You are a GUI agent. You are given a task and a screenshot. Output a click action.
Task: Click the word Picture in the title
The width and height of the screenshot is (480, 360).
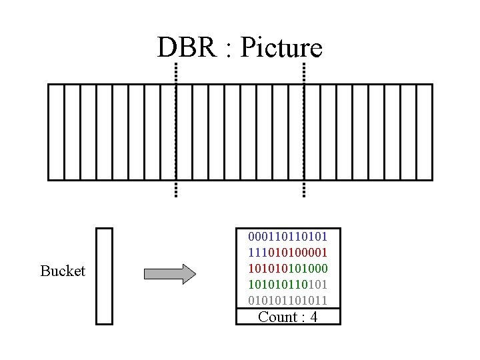click(x=281, y=47)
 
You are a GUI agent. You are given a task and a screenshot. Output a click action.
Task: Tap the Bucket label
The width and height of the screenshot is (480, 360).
click(x=63, y=271)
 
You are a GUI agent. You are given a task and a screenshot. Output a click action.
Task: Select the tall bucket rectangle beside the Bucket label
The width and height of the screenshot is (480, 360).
click(x=105, y=276)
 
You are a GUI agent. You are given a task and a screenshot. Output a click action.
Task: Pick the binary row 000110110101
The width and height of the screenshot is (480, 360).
click(x=288, y=237)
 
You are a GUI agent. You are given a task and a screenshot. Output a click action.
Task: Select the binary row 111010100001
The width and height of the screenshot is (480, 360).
click(x=288, y=253)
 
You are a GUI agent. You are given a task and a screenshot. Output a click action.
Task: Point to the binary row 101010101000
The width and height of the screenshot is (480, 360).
click(x=288, y=269)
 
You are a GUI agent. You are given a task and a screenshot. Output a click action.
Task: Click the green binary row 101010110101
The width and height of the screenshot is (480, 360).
click(x=288, y=285)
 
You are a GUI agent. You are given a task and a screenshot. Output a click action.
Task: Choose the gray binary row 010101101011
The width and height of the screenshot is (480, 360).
click(x=288, y=301)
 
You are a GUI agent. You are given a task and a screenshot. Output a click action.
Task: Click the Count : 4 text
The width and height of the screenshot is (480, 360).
click(x=288, y=317)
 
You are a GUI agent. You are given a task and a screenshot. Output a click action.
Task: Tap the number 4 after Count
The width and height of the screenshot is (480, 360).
click(x=313, y=317)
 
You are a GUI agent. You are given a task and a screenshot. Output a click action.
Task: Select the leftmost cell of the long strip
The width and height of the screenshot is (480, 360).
click(x=56, y=132)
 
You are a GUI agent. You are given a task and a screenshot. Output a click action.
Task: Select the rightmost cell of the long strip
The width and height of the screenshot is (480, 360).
click(x=425, y=132)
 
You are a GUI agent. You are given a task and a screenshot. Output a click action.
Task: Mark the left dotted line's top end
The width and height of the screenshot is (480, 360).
click(x=175, y=65)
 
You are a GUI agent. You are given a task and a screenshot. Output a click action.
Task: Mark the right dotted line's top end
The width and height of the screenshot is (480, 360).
click(x=304, y=65)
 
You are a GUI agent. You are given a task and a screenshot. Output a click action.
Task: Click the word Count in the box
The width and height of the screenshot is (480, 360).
click(x=277, y=317)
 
